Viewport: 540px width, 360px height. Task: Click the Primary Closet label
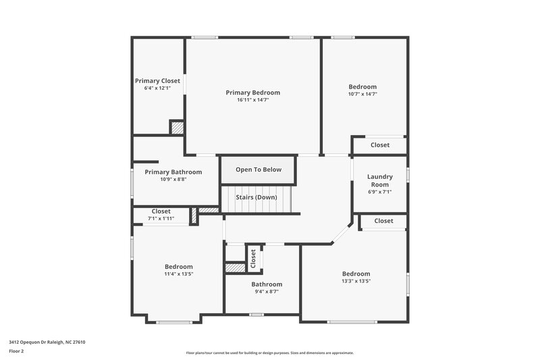pyautogui.click(x=157, y=80)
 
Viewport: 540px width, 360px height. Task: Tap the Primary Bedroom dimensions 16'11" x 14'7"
pyautogui.click(x=252, y=100)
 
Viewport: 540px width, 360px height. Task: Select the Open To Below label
pyautogui.click(x=259, y=170)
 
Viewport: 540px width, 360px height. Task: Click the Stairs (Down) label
pyautogui.click(x=256, y=197)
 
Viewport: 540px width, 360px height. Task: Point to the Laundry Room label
pyautogui.click(x=379, y=180)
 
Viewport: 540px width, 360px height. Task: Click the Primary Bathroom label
pyautogui.click(x=173, y=172)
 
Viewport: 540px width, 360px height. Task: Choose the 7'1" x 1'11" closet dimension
pyautogui.click(x=161, y=218)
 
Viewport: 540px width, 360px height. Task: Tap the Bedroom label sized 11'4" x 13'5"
pyautogui.click(x=179, y=266)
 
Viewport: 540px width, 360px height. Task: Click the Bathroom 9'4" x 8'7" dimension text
pyautogui.click(x=267, y=292)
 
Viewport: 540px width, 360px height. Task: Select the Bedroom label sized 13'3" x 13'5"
pyautogui.click(x=356, y=273)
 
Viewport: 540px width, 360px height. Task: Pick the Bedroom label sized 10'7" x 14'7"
pyautogui.click(x=362, y=86)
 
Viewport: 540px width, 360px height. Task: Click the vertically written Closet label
pyautogui.click(x=253, y=257)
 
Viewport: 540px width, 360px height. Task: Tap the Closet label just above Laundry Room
pyautogui.click(x=380, y=145)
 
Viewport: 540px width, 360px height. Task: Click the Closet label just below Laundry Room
pyautogui.click(x=383, y=221)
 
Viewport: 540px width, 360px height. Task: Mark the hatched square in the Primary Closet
pyautogui.click(x=176, y=127)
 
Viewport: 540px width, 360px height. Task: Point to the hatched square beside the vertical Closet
pyautogui.click(x=234, y=268)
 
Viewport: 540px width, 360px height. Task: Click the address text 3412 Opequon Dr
pyautogui.click(x=47, y=342)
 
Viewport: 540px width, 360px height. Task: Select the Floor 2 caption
pyautogui.click(x=17, y=351)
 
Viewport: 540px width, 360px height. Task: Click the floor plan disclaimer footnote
pyautogui.click(x=269, y=353)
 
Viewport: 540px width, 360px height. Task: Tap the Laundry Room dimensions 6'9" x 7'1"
pyautogui.click(x=379, y=192)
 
